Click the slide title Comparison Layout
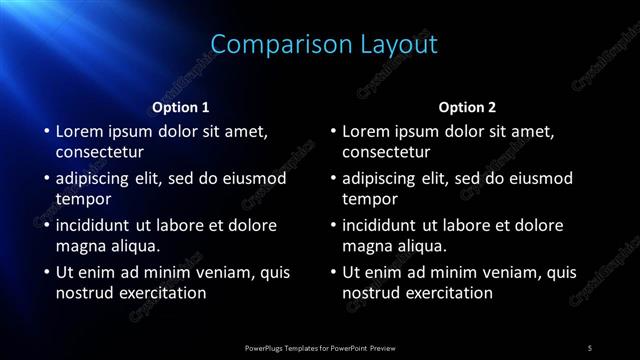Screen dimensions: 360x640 [x=325, y=44]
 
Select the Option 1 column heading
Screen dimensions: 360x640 [x=180, y=107]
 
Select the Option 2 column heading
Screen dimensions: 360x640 [x=467, y=107]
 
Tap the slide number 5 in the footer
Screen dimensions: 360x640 [x=590, y=347]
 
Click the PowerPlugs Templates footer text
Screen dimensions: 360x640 [x=319, y=347]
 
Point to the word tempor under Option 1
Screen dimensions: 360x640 [x=82, y=198]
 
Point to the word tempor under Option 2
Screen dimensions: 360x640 [x=369, y=198]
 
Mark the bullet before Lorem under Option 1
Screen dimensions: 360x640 [x=46, y=131]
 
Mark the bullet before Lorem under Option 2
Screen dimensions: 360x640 [x=333, y=131]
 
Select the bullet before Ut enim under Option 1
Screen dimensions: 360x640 [x=46, y=272]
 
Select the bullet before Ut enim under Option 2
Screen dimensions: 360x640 [x=333, y=272]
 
